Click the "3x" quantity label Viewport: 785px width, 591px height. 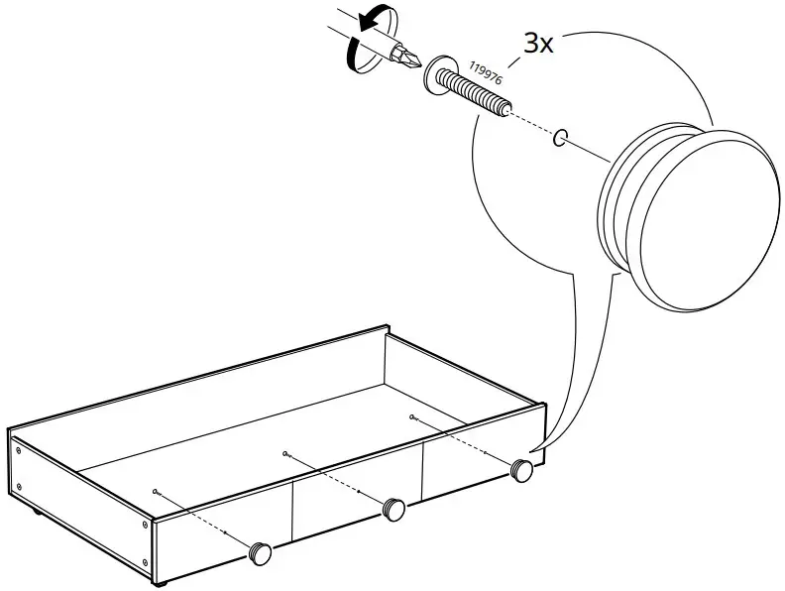tap(538, 45)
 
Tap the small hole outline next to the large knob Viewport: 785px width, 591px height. tap(560, 138)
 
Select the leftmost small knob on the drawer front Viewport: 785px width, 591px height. tap(262, 551)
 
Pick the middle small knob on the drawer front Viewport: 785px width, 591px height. tap(393, 510)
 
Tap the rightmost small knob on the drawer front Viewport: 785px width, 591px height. tap(521, 470)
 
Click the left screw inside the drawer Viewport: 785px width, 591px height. tap(157, 491)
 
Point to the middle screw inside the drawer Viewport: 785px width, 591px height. tap(285, 454)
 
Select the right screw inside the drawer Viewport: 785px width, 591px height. tap(411, 417)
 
